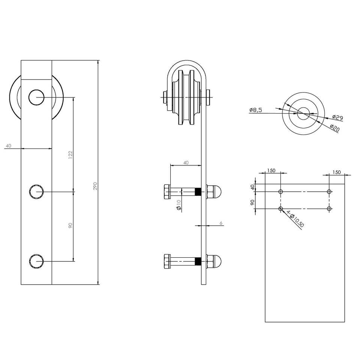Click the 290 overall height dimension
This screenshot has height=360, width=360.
[95, 186]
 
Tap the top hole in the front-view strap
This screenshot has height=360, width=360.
[36, 97]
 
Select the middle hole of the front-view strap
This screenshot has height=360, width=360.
[36, 191]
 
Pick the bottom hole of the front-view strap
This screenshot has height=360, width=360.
[36, 261]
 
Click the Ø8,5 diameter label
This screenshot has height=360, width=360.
[255, 110]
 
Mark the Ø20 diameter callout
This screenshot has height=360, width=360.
[334, 127]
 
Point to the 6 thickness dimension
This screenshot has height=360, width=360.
[221, 223]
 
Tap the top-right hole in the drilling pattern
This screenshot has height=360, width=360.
[329, 192]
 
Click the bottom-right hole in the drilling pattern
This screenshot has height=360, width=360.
[329, 208]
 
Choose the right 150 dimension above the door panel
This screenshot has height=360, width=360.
[336, 172]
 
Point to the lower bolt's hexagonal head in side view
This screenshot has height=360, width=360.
[167, 261]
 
